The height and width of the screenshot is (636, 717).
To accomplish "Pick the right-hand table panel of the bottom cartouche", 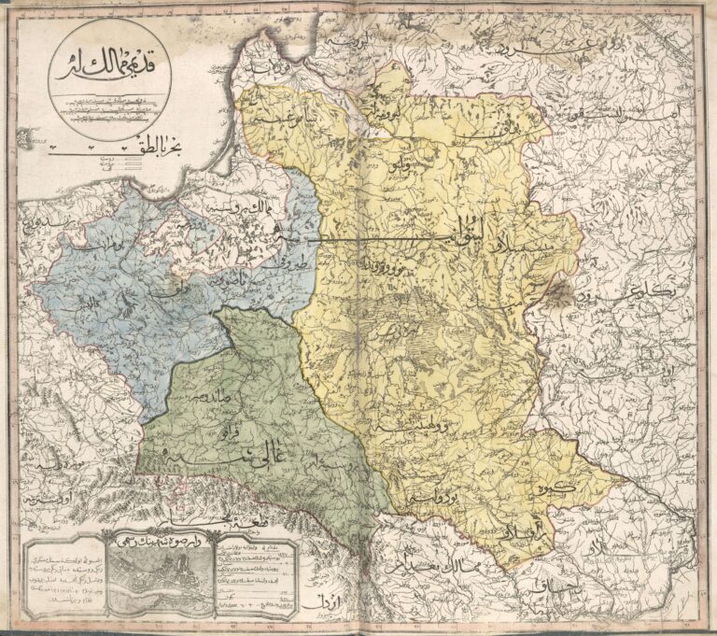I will (x=253, y=579).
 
